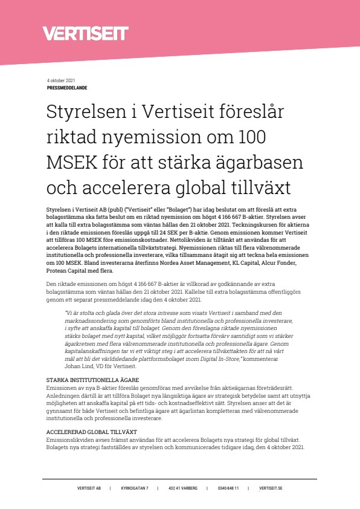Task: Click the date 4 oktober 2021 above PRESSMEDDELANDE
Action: point(61,81)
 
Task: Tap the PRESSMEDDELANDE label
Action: point(66,88)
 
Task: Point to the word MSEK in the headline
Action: point(76,163)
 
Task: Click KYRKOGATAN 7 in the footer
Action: point(135,488)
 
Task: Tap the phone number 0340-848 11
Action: point(228,488)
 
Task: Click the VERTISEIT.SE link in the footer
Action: point(271,488)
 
